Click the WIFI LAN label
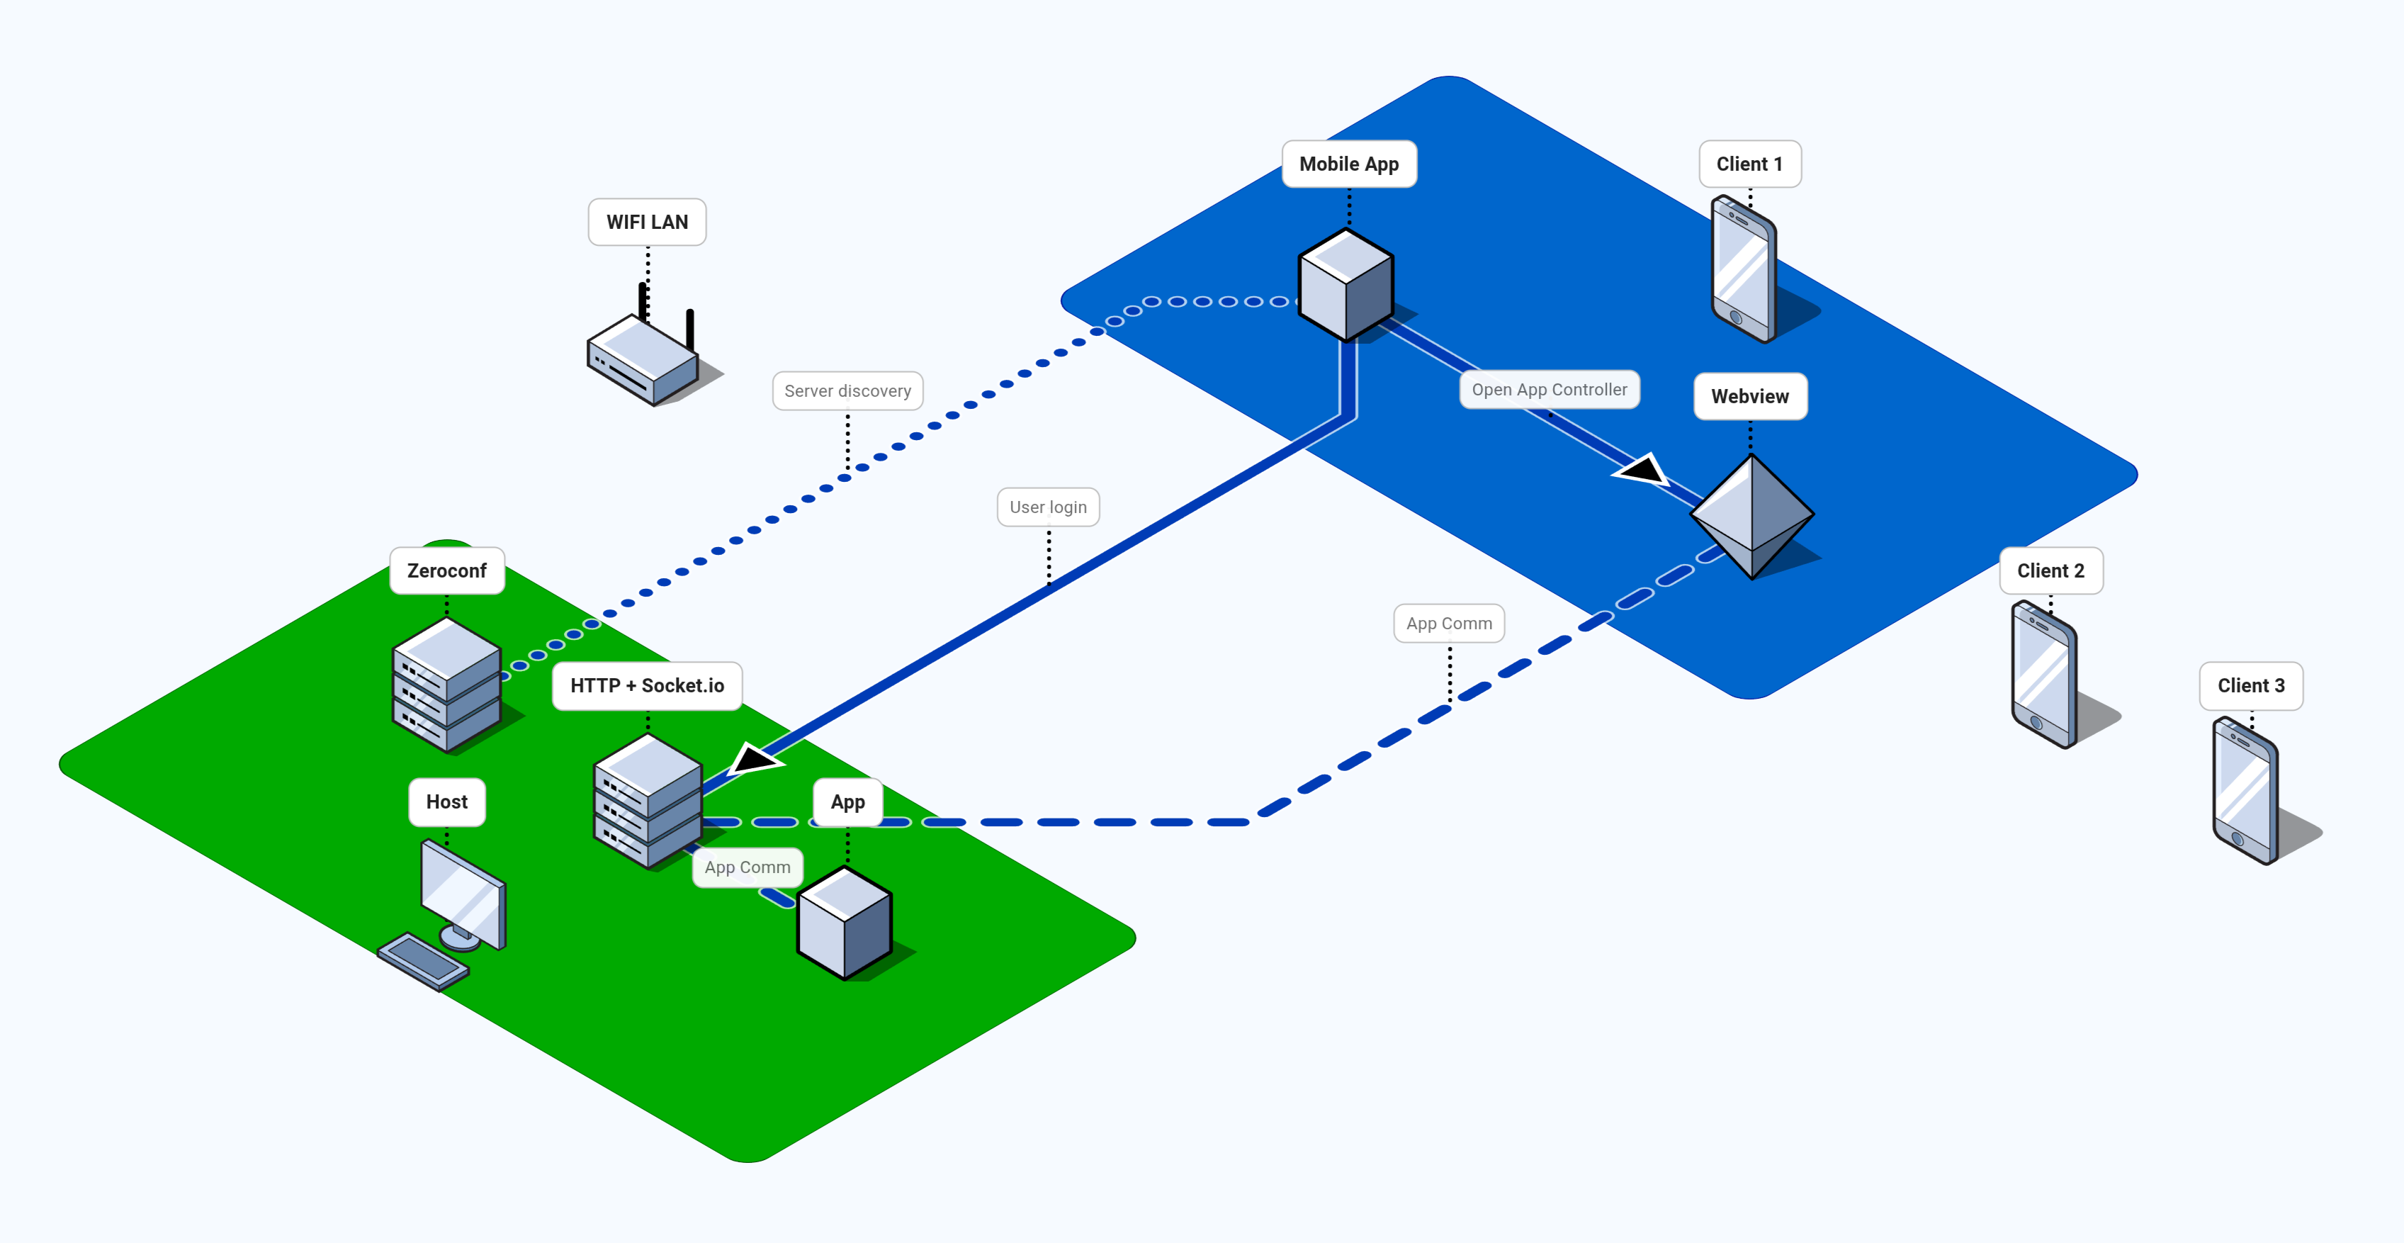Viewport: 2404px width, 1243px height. pos(647,222)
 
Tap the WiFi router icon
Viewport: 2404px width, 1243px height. pos(644,359)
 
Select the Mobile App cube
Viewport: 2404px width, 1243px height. pos(1345,285)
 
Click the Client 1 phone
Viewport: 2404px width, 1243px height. pos(1743,269)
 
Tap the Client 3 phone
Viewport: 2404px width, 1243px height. pos(2245,789)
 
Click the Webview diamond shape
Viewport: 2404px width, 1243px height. pos(1751,516)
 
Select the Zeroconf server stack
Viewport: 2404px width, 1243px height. pos(447,685)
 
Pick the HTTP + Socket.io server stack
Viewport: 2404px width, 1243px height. pos(648,800)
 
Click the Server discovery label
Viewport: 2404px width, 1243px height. pos(847,391)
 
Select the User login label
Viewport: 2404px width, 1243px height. pos(1048,507)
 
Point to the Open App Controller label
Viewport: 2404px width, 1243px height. pos(1549,390)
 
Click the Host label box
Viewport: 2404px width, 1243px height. pos(447,802)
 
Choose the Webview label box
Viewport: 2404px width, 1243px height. pos(1750,397)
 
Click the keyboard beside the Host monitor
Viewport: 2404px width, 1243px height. pos(423,960)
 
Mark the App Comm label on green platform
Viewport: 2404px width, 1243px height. pos(747,867)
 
